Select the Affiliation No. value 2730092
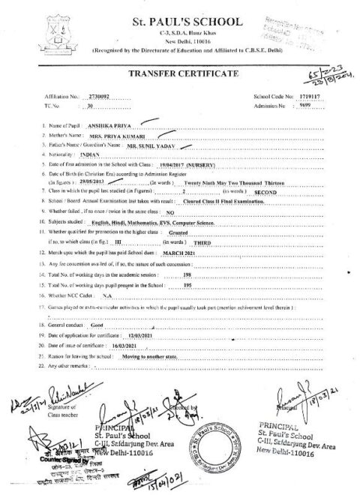tap(98, 97)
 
